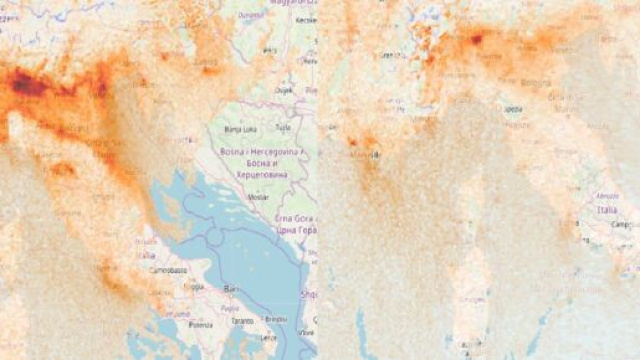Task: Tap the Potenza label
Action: [205, 325]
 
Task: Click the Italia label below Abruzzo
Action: [607, 212]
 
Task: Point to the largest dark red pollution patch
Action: [30, 86]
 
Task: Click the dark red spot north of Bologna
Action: [476, 39]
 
